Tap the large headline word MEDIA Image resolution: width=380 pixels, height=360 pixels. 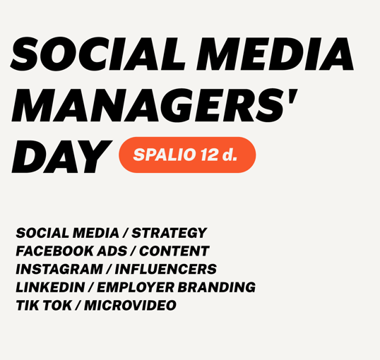pyautogui.click(x=275, y=54)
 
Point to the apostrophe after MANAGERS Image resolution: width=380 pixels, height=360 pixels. pyautogui.click(x=292, y=96)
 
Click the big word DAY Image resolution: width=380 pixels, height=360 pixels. pyautogui.click(x=61, y=157)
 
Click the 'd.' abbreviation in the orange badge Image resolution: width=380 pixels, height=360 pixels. pyautogui.click(x=230, y=155)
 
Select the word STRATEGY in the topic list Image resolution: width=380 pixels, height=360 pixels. pyautogui.click(x=169, y=233)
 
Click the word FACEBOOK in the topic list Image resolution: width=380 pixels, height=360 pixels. pyautogui.click(x=55, y=251)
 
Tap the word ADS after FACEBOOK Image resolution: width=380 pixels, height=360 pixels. pyautogui.click(x=112, y=251)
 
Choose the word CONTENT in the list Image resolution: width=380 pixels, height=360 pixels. pyautogui.click(x=174, y=251)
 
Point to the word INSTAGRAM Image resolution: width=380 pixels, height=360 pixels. pyautogui.click(x=59, y=269)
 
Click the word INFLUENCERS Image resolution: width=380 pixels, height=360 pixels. pyautogui.click(x=166, y=269)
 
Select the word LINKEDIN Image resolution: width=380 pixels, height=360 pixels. pyautogui.click(x=50, y=287)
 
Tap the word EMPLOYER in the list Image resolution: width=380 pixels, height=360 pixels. pyautogui.click(x=136, y=287)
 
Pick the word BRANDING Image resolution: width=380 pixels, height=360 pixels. pyautogui.click(x=217, y=287)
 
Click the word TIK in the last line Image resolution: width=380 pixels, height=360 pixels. pyautogui.click(x=28, y=305)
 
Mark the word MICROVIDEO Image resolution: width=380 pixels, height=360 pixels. pyautogui.click(x=130, y=305)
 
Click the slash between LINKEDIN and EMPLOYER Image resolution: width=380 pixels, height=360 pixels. pyautogui.click(x=91, y=287)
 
